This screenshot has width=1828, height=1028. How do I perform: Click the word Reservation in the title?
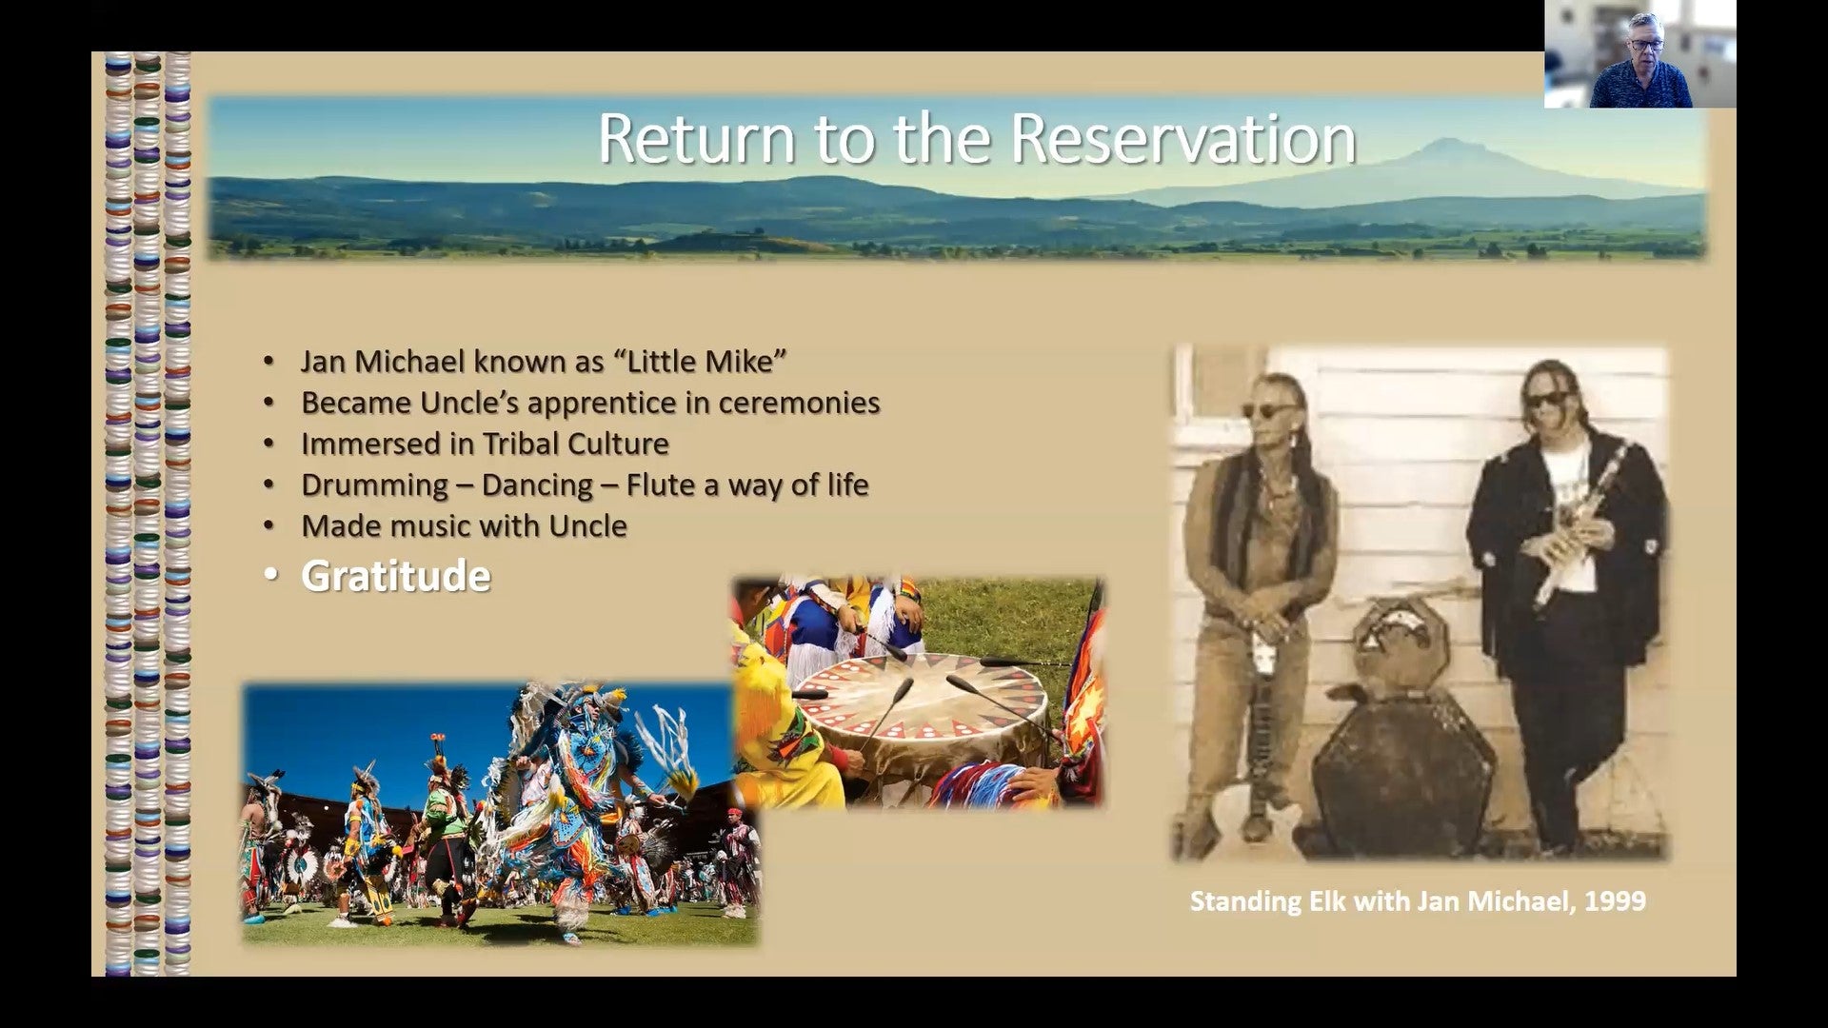(x=1182, y=139)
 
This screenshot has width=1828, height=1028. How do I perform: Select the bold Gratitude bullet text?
(x=396, y=576)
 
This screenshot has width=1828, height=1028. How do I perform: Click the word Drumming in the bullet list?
(x=374, y=484)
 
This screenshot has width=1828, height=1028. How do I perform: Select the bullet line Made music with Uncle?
(x=464, y=525)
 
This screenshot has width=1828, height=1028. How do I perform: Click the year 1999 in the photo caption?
(x=1616, y=900)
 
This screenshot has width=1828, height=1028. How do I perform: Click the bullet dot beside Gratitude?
(x=271, y=577)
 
